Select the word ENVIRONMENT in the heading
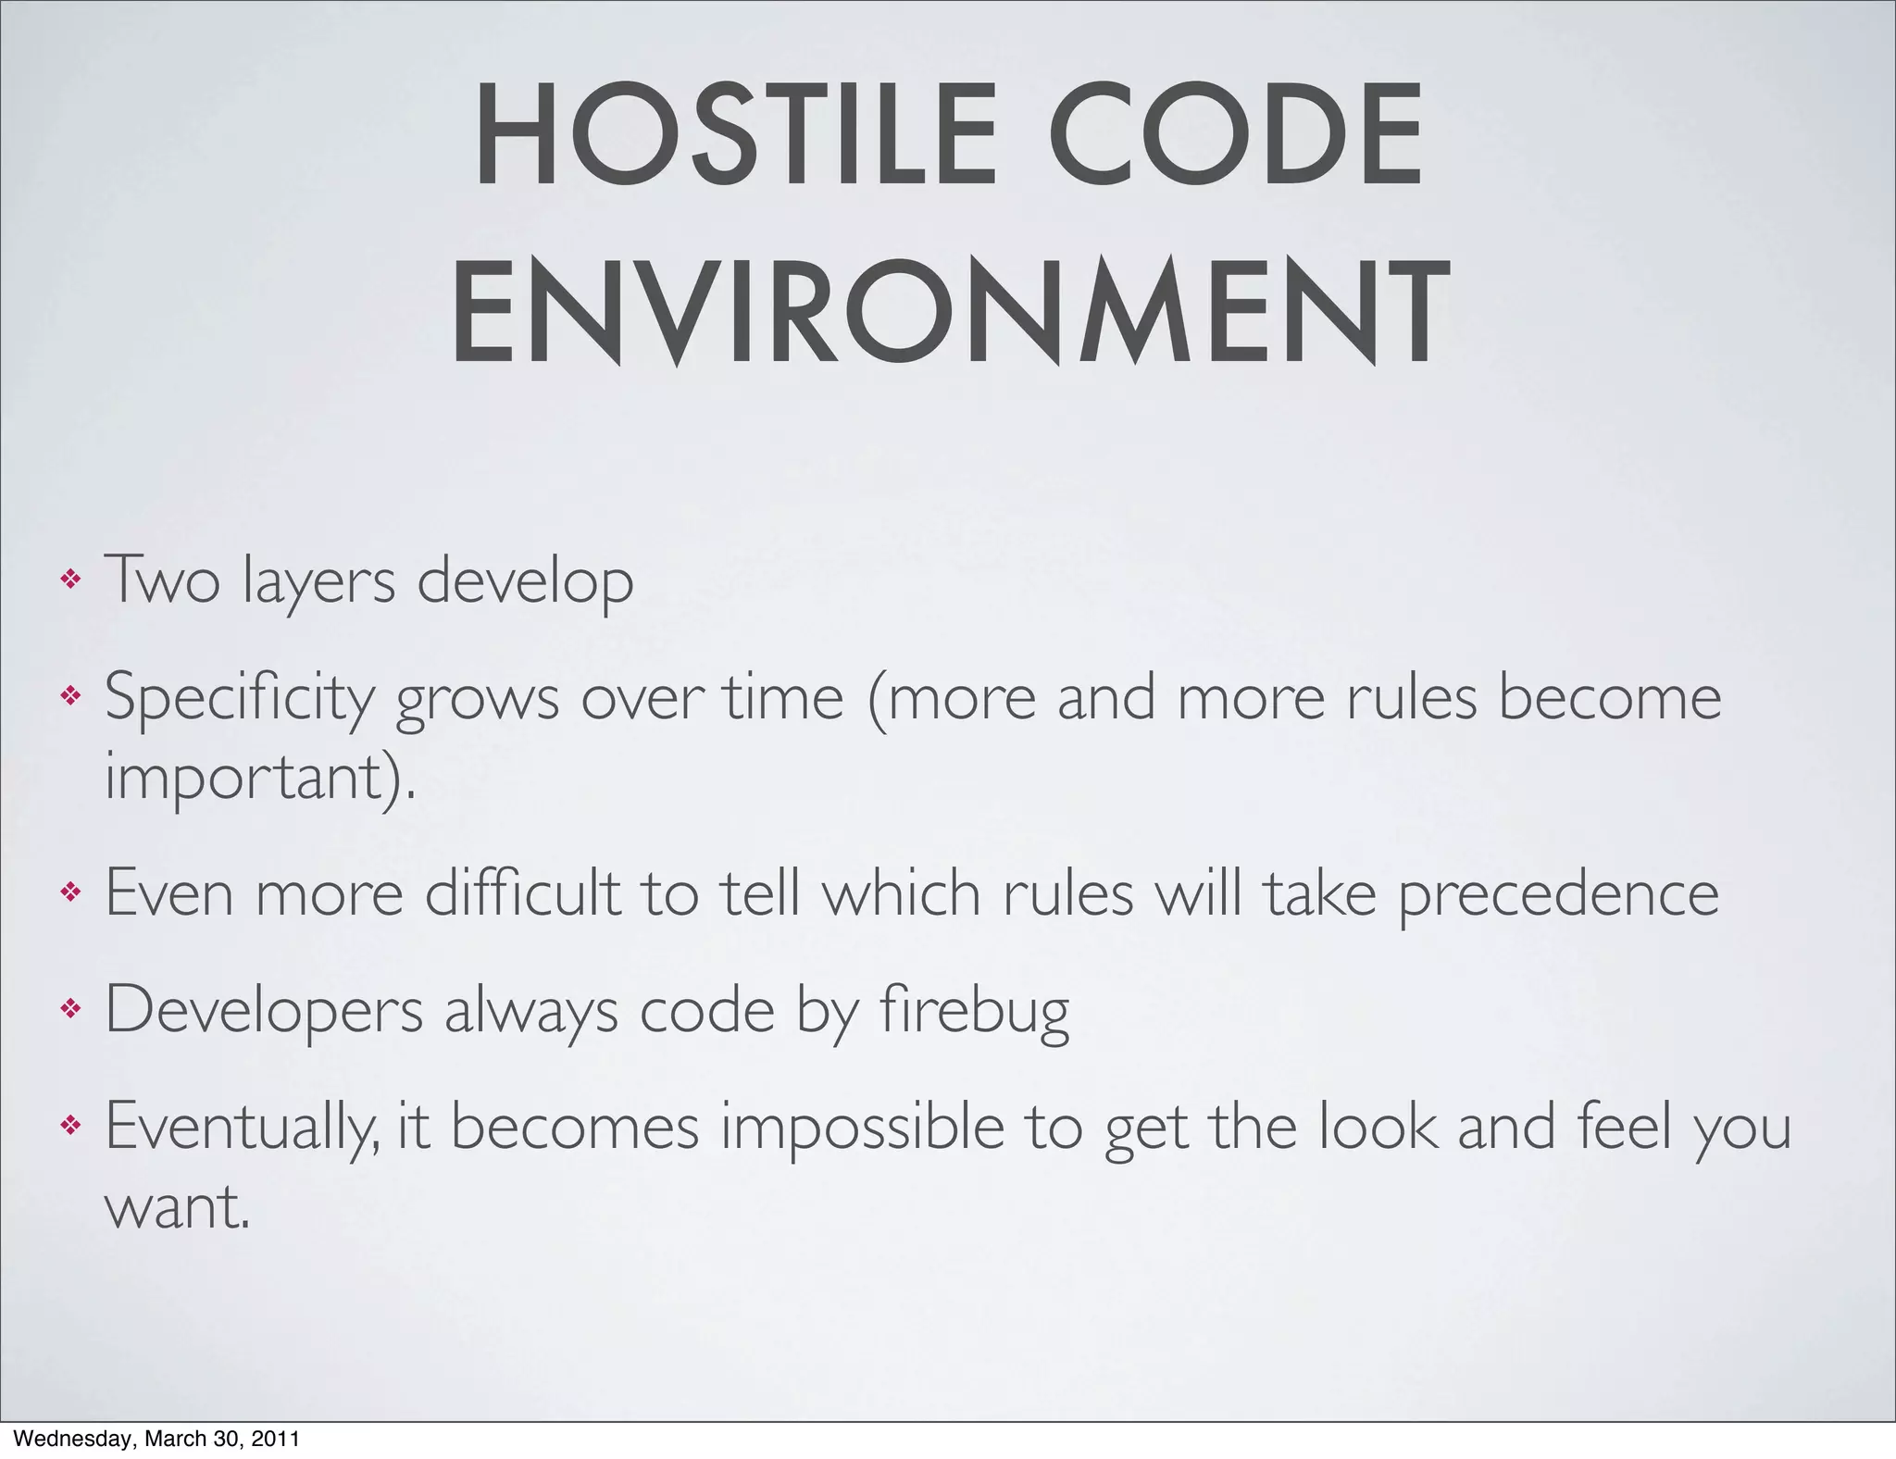point(948,312)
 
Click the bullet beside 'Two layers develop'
point(70,580)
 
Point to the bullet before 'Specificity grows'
point(70,695)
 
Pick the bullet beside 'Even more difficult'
point(70,893)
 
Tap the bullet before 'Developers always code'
point(70,1009)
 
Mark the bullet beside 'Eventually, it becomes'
point(70,1126)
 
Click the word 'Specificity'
point(239,697)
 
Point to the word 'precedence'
point(1558,893)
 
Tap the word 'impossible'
point(862,1126)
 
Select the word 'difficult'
point(522,893)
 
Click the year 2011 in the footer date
point(278,1439)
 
